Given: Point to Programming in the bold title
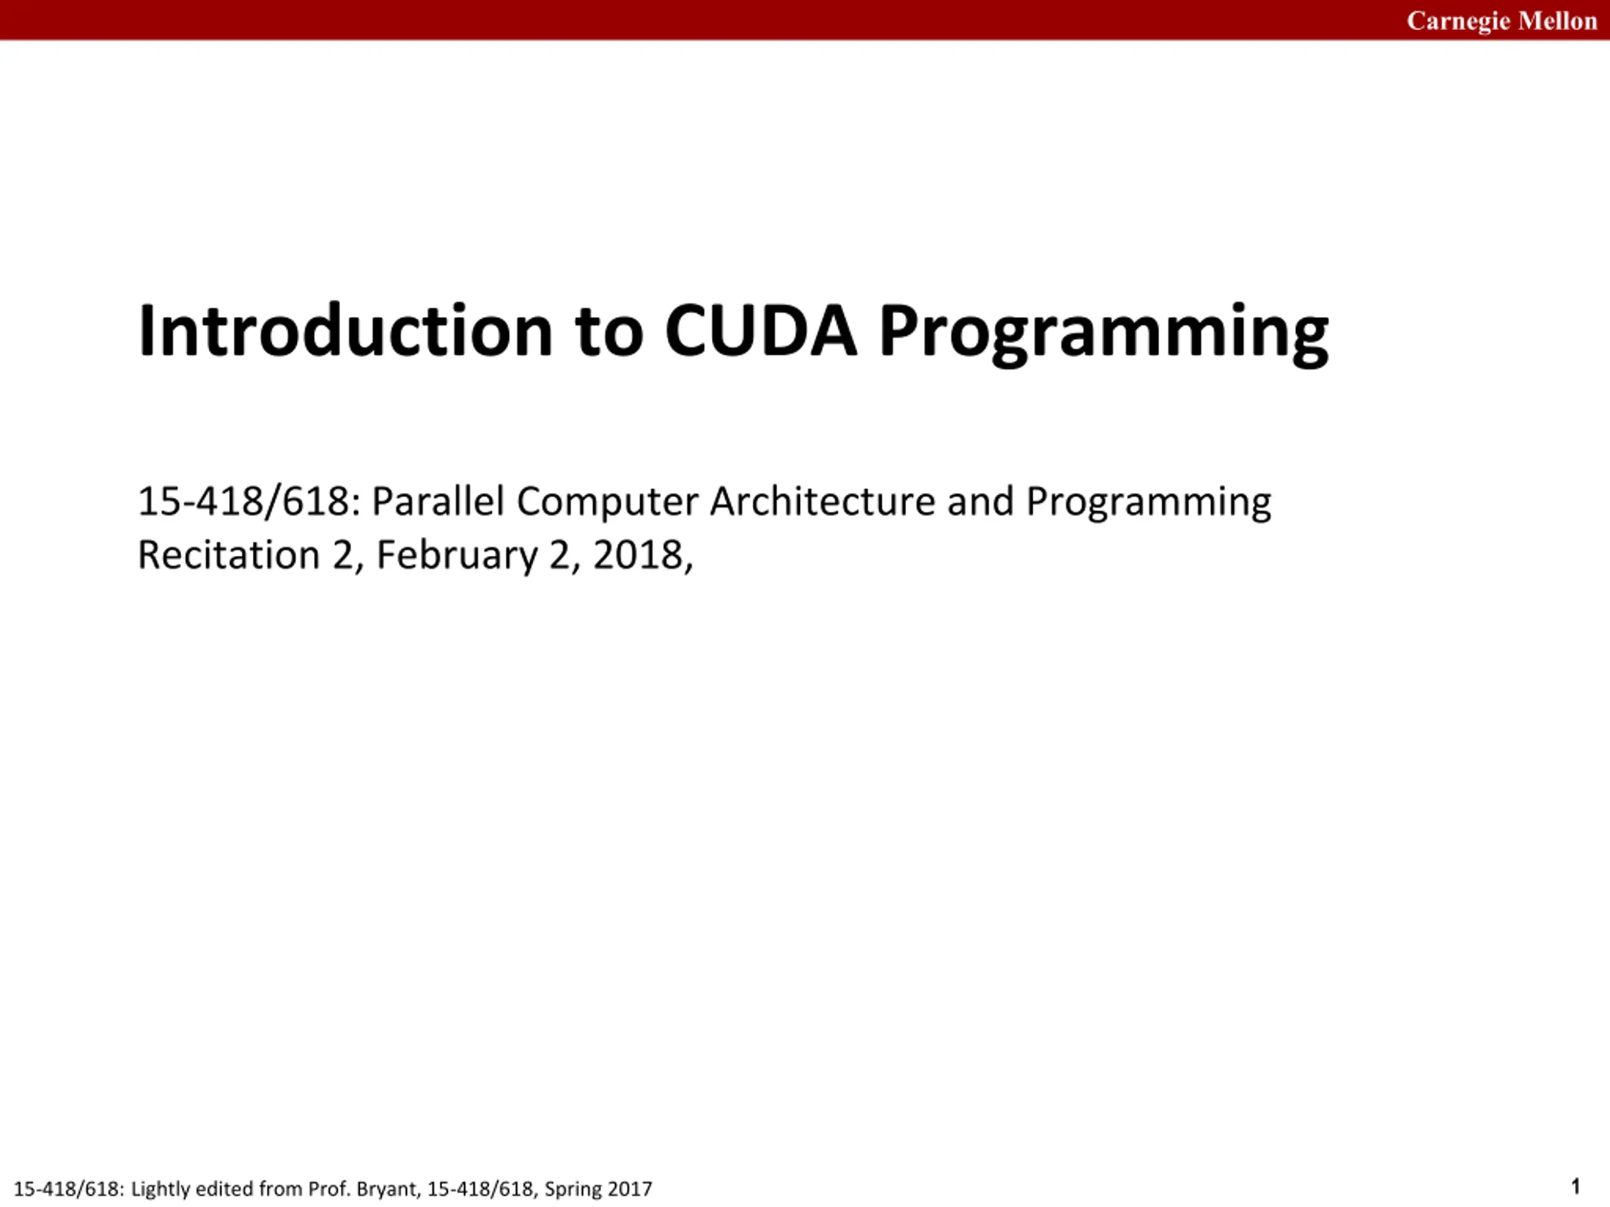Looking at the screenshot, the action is tap(1104, 334).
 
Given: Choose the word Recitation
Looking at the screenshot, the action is tap(228, 555).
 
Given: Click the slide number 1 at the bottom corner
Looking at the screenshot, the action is tap(1576, 1187).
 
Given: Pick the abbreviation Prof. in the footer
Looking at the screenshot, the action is tap(329, 1189).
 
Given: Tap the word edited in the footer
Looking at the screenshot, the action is tap(223, 1189).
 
